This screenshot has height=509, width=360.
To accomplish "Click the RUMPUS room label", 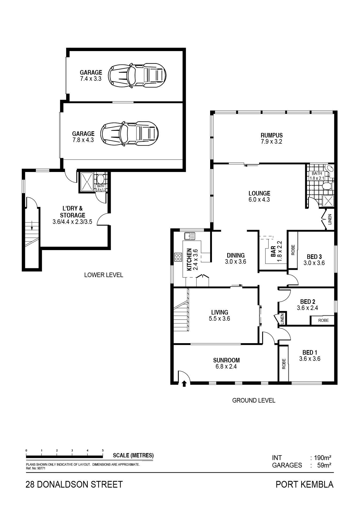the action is (271, 135).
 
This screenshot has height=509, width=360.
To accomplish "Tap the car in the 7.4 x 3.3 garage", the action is (137, 75).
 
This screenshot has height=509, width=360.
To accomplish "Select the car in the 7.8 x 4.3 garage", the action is (130, 133).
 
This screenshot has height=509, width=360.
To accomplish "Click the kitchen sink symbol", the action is (190, 236).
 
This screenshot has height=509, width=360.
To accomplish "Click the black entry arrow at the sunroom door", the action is (184, 384).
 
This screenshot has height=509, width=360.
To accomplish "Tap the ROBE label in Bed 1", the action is (284, 364).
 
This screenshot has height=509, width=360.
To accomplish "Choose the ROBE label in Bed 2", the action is (323, 320).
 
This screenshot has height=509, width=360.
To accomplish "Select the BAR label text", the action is (273, 252).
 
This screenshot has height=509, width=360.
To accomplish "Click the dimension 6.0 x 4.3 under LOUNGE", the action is (259, 200).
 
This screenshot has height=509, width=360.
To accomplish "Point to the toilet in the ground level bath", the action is (327, 186).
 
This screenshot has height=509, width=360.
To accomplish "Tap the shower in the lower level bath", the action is (87, 182).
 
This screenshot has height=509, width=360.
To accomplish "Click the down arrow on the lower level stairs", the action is (32, 225).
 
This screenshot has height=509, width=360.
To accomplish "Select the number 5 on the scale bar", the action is (103, 450).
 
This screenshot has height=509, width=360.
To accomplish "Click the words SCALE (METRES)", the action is (133, 455).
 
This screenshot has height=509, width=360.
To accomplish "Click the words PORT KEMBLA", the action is (305, 484).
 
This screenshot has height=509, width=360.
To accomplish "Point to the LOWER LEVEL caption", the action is (104, 275).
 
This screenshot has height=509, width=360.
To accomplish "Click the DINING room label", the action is (236, 255).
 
